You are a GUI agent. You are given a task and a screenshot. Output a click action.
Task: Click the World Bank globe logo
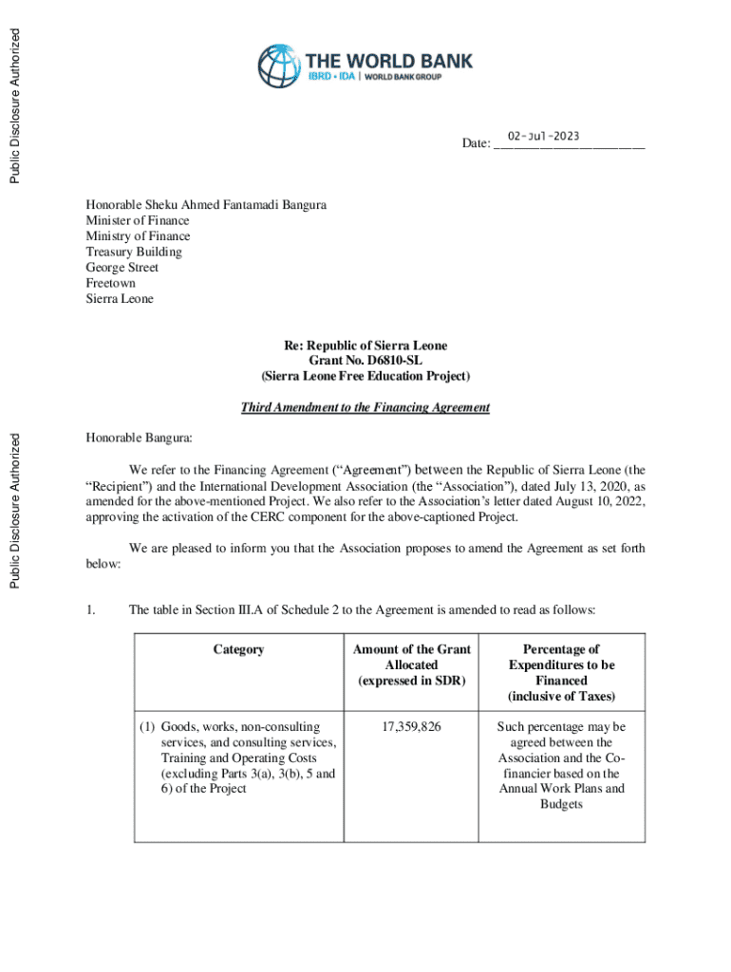pyautogui.click(x=279, y=66)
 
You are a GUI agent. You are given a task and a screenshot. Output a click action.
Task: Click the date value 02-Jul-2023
pyautogui.click(x=543, y=137)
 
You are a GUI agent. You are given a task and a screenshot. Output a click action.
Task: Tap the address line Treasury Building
pyautogui.click(x=134, y=252)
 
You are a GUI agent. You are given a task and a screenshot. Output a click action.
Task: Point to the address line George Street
pyautogui.click(x=122, y=268)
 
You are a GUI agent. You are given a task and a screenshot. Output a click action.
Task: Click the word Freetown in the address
pyautogui.click(x=111, y=284)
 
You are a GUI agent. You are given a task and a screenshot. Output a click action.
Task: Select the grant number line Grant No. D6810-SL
pyautogui.click(x=365, y=362)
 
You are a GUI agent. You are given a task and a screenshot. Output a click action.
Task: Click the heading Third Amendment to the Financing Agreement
pyautogui.click(x=365, y=408)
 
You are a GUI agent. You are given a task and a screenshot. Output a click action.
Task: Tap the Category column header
pyautogui.click(x=238, y=650)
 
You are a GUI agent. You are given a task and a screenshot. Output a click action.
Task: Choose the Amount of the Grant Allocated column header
pyautogui.click(x=411, y=665)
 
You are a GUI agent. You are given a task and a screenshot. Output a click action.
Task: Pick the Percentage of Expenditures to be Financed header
pyautogui.click(x=561, y=673)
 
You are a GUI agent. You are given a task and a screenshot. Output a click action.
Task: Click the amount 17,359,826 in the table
pyautogui.click(x=411, y=728)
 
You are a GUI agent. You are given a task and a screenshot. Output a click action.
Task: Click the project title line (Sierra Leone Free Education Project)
pyautogui.click(x=365, y=377)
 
